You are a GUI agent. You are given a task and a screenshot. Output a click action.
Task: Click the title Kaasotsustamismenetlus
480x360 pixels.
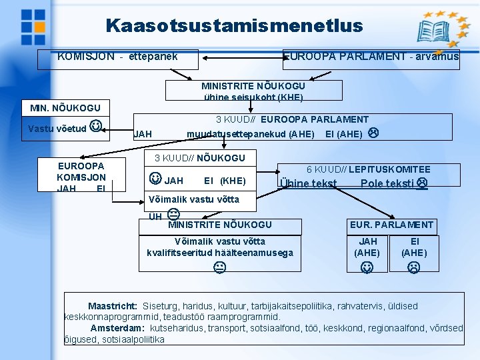234,26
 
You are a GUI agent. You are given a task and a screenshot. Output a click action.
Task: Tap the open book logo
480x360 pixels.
433,31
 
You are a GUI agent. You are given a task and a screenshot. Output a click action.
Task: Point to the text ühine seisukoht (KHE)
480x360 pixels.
253,97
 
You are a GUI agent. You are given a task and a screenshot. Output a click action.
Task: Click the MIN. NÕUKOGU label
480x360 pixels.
65,108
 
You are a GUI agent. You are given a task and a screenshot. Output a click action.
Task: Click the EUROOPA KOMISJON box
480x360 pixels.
81,175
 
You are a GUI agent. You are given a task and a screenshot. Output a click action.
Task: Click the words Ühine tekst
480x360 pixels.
308,184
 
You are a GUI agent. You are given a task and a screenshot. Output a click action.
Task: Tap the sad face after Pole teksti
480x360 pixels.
421,184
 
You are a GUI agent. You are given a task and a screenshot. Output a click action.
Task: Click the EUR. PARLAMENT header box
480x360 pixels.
391,225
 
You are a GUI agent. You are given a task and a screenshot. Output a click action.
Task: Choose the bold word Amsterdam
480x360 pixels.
117,328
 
